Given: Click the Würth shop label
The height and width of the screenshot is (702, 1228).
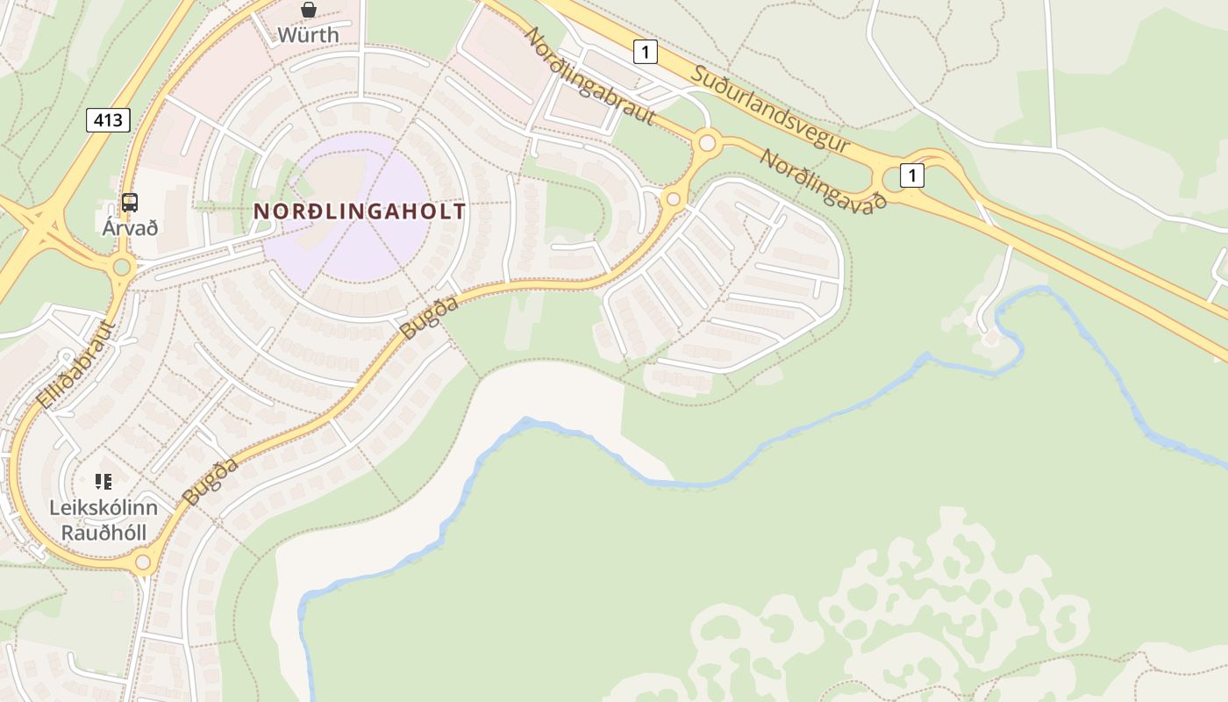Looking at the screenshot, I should [x=308, y=35].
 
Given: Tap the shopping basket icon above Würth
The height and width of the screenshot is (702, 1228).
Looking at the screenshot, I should [x=308, y=11].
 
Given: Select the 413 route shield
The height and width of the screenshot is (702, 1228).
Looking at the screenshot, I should [x=108, y=120].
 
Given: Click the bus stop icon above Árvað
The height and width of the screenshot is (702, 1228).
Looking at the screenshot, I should [x=130, y=203].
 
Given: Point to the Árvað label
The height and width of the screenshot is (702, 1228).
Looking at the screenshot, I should [x=130, y=228].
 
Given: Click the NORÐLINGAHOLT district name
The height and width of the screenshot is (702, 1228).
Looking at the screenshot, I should [x=360, y=211].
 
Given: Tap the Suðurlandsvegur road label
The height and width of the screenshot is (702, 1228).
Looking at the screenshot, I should [x=770, y=108].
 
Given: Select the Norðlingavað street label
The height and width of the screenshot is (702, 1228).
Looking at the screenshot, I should [x=823, y=178].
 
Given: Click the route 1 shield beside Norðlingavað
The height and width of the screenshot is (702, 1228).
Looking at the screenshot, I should [x=912, y=175].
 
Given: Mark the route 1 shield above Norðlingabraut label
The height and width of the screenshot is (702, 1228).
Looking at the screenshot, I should [x=645, y=52].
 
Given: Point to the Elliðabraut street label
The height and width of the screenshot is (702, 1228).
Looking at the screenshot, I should [x=77, y=364].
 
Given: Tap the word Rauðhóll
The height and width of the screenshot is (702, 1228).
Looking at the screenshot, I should [x=104, y=533].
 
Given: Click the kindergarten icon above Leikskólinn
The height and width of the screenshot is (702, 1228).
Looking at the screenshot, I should [x=104, y=481].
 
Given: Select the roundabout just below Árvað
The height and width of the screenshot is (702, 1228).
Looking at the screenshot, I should [x=122, y=267].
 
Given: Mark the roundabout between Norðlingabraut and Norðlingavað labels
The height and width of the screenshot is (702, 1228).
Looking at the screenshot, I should [x=707, y=142].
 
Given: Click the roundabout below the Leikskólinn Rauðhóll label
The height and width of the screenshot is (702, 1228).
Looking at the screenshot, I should [x=143, y=562].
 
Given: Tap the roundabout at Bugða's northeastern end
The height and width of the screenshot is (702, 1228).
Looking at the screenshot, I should [x=674, y=199].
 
